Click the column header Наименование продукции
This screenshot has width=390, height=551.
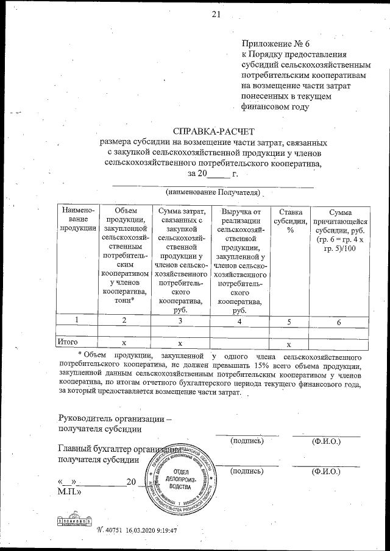click(x=76, y=219)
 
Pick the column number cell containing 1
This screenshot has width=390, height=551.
click(x=76, y=320)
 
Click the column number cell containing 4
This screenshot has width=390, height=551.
click(x=239, y=320)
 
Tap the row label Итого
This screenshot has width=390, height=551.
click(x=67, y=342)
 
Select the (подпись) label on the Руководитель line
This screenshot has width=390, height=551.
click(x=247, y=440)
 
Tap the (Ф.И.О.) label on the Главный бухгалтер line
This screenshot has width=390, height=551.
click(x=325, y=471)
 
